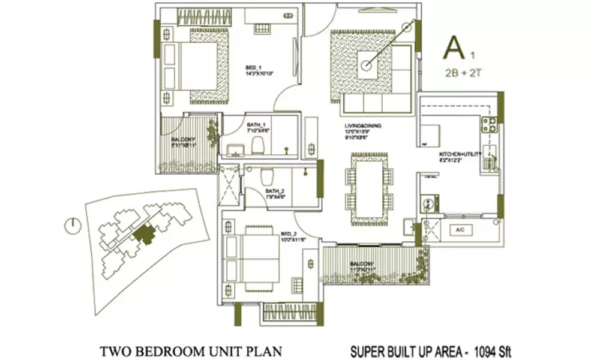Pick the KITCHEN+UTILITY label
click(x=461, y=154)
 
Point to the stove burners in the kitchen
click(x=488, y=124)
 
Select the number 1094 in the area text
click(x=484, y=349)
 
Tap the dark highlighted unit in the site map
click(x=144, y=233)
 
